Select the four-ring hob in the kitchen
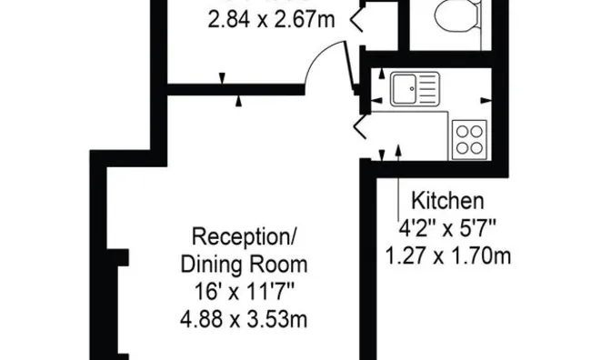pos(470,137)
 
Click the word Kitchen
pos(448,200)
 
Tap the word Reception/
pos(244,238)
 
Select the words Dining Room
pos(244,265)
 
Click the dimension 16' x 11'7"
pos(244,293)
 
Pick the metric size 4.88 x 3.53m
pos(244,320)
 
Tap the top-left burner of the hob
pos(461,129)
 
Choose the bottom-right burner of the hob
pos(478,146)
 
